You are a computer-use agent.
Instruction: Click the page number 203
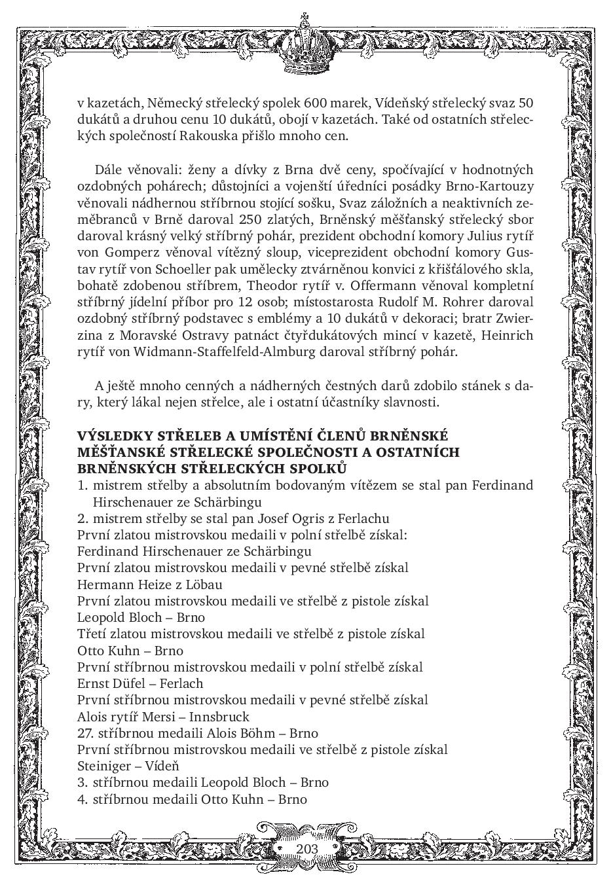pyautogui.click(x=306, y=849)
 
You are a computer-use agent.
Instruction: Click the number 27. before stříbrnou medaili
pyautogui.click(x=86, y=733)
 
